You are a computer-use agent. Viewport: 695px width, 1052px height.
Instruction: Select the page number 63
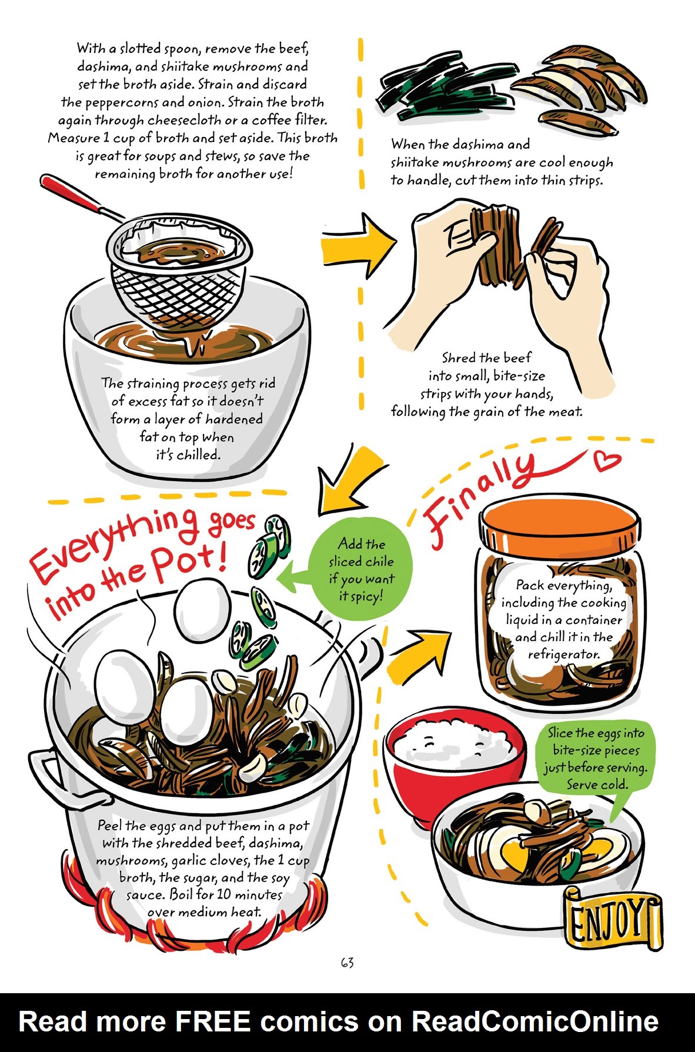(347, 963)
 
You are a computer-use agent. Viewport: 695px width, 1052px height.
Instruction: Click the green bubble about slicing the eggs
(594, 759)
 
